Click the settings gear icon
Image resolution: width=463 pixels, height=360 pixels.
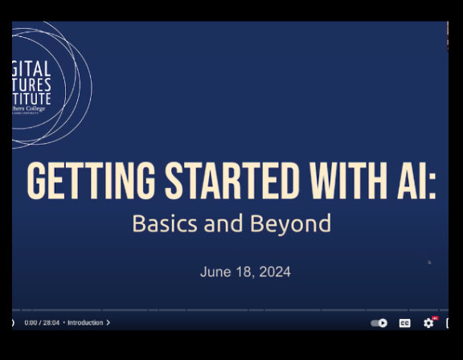click(428, 322)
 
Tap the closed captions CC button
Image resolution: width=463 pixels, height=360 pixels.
click(404, 322)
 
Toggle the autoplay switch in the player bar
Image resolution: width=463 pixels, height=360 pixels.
click(379, 322)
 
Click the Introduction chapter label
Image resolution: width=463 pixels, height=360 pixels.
click(85, 322)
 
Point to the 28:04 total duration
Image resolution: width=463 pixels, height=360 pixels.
click(50, 322)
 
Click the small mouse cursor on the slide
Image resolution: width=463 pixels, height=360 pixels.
click(429, 262)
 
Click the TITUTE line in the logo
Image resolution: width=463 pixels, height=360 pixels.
click(33, 99)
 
